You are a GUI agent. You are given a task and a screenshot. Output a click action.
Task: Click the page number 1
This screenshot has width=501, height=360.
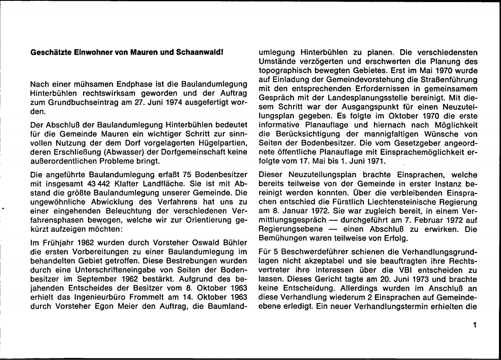475,324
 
